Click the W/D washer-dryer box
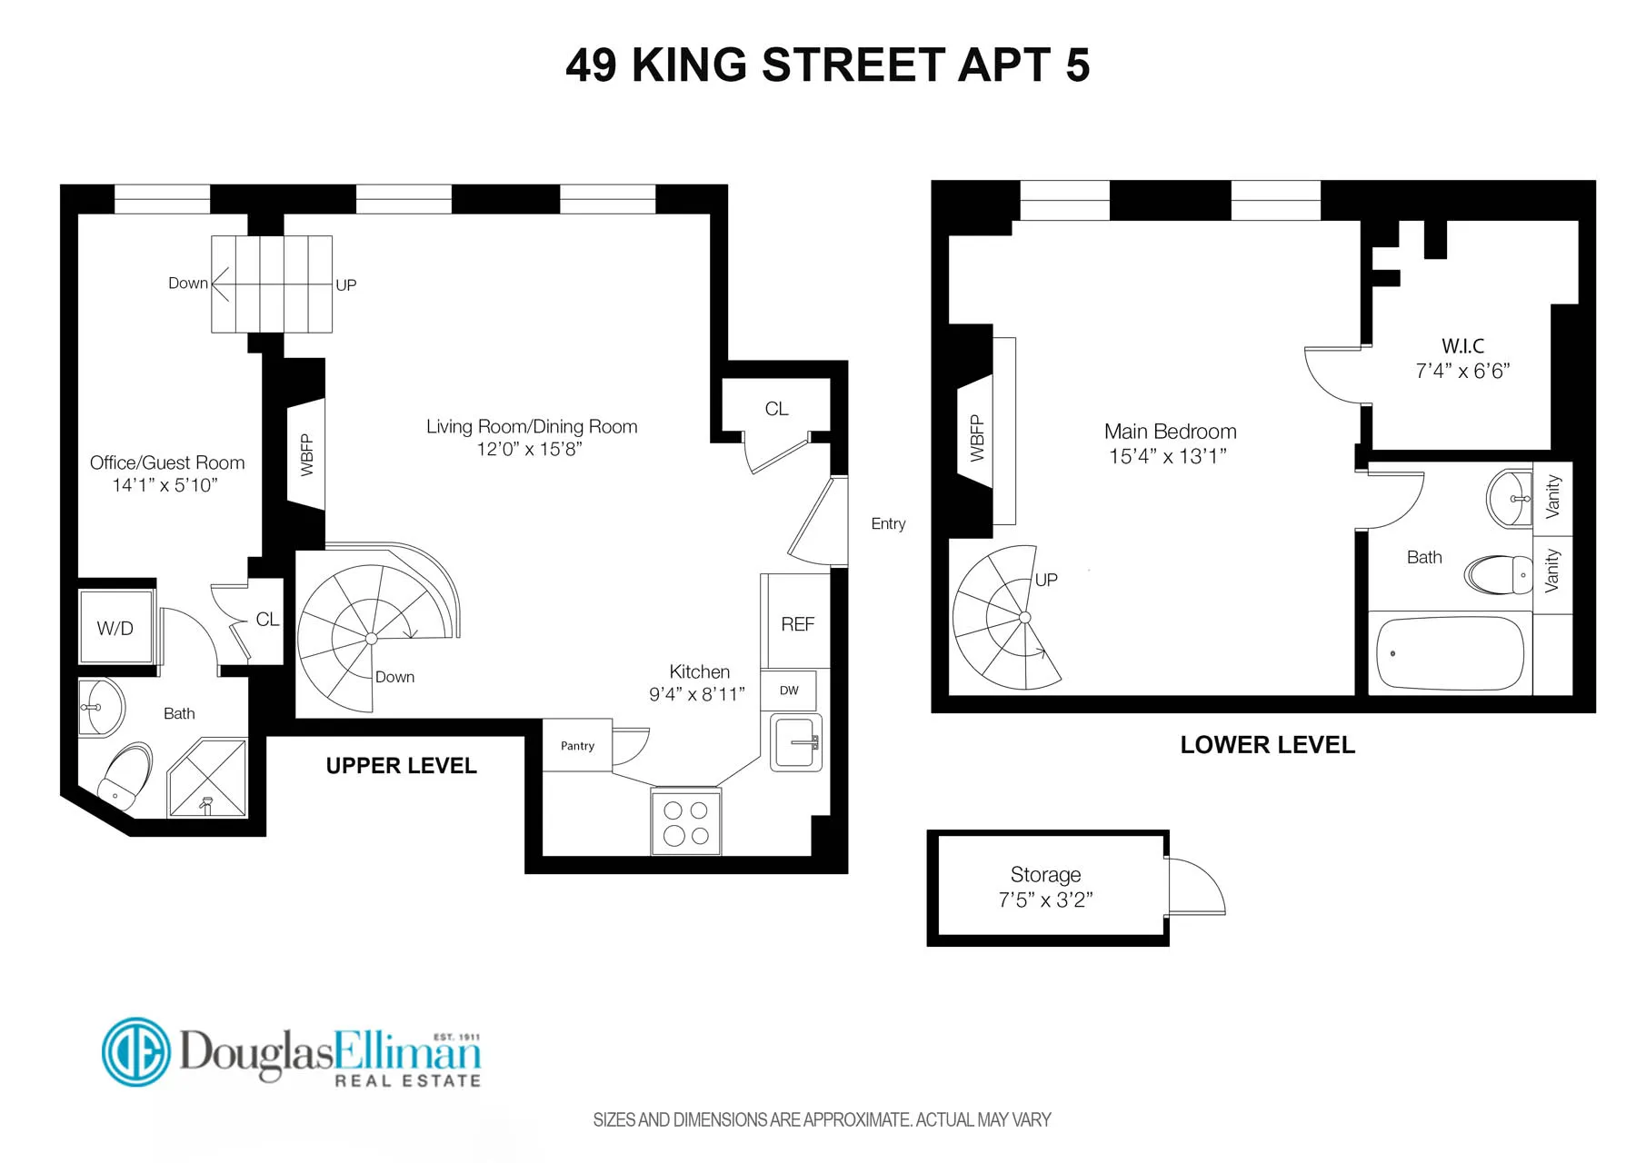pos(115,628)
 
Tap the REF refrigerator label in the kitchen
pos(797,624)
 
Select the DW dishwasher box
pos(788,691)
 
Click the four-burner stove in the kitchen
pos(685,821)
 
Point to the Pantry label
pos(577,746)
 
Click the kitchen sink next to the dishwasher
pos(795,742)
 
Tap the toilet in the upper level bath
pos(125,774)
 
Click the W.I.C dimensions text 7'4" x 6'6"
pos(1461,371)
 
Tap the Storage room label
pos(1045,875)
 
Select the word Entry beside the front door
pos(888,523)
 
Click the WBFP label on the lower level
pos(977,438)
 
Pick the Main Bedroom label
pos(1170,432)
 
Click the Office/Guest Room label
pos(167,462)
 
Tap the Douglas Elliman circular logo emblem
pos(135,1052)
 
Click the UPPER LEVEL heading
pos(401,766)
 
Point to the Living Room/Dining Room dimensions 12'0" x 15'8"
pos(529,449)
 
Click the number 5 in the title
pos(1077,65)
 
